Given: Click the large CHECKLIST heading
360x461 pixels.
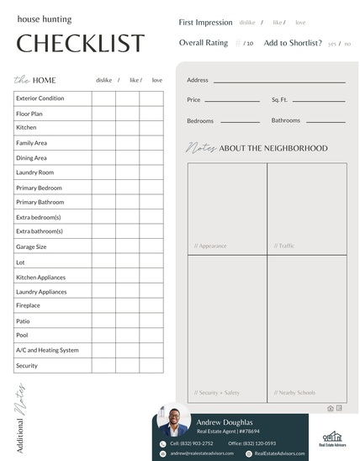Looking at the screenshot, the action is pyautogui.click(x=80, y=44).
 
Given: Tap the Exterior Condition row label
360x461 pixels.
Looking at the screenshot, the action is pyautogui.click(x=40, y=98).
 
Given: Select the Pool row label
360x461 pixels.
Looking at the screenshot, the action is pyautogui.click(x=22, y=335).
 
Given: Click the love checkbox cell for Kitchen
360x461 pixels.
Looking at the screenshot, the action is pyautogui.click(x=152, y=128).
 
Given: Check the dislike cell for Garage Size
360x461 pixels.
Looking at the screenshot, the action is pyautogui.click(x=103, y=247).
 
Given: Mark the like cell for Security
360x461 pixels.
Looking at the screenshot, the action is pyautogui.click(x=128, y=366).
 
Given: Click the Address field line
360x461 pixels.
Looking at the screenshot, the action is pyautogui.click(x=278, y=82).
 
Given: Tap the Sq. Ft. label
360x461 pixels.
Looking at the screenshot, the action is pyautogui.click(x=279, y=99).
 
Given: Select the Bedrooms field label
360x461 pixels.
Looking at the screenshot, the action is pyautogui.click(x=200, y=121).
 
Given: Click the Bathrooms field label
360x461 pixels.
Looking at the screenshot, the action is pyautogui.click(x=285, y=120).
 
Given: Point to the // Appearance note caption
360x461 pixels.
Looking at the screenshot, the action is pyautogui.click(x=210, y=246).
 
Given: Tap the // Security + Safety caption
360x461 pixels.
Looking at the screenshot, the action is pyautogui.click(x=217, y=392).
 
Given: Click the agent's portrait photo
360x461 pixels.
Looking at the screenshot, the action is pyautogui.click(x=173, y=421).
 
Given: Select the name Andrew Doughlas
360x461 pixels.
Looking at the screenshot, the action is pyautogui.click(x=225, y=421).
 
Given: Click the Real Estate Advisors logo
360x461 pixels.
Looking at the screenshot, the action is pyautogui.click(x=333, y=437).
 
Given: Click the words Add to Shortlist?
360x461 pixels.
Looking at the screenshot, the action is pyautogui.click(x=293, y=43).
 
